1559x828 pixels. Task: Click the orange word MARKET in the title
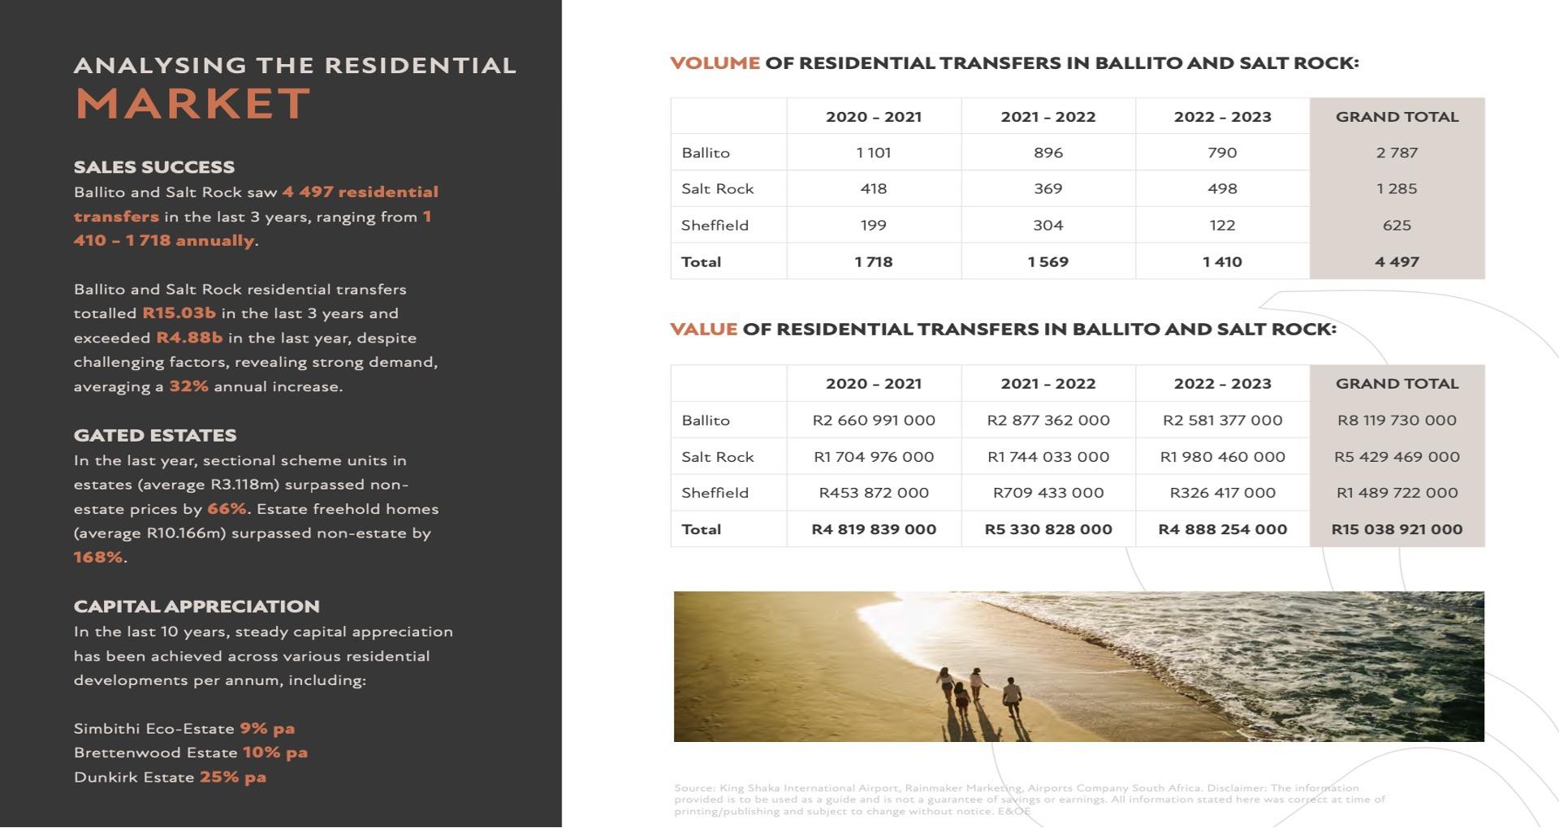point(193,104)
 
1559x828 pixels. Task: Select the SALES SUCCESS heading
point(154,167)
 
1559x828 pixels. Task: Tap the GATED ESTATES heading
point(155,436)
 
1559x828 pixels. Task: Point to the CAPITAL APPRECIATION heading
point(196,606)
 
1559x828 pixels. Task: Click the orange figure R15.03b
point(179,313)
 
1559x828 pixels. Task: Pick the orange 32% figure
point(188,386)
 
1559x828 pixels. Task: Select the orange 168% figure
point(98,557)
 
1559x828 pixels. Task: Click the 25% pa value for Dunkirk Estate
point(232,777)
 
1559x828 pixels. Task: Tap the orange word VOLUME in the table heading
point(715,63)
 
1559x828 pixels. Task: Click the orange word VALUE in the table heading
point(703,330)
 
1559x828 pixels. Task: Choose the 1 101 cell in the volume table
point(874,153)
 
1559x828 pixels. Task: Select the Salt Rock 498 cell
point(1222,189)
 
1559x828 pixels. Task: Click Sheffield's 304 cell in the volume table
point(1048,226)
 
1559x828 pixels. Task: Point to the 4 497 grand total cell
point(1397,262)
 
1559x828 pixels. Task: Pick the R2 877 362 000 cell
point(1048,420)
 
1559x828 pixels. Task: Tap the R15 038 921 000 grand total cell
point(1397,529)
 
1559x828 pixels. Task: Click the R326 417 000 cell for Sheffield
point(1222,493)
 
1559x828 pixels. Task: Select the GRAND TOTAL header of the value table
point(1397,384)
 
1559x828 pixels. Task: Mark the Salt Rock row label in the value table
point(718,457)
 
